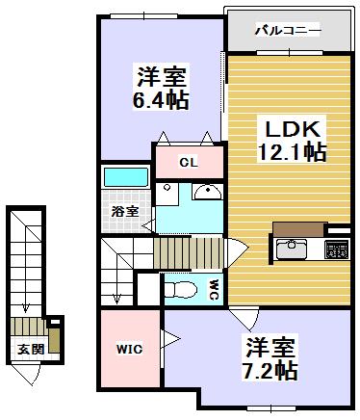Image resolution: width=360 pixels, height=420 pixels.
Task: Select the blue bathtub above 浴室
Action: [x=125, y=179]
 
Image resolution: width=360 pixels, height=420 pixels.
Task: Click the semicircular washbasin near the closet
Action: [x=206, y=192]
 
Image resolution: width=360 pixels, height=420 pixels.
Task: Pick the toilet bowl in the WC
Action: [x=179, y=287]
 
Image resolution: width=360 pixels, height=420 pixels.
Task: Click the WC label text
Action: [x=213, y=286]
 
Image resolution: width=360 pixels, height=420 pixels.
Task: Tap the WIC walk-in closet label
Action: [x=131, y=348]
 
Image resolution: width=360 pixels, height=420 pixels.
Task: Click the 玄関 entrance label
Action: [x=29, y=349]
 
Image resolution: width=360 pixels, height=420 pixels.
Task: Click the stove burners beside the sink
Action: [x=337, y=250]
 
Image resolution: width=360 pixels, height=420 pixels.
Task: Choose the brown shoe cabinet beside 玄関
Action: [x=56, y=338]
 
